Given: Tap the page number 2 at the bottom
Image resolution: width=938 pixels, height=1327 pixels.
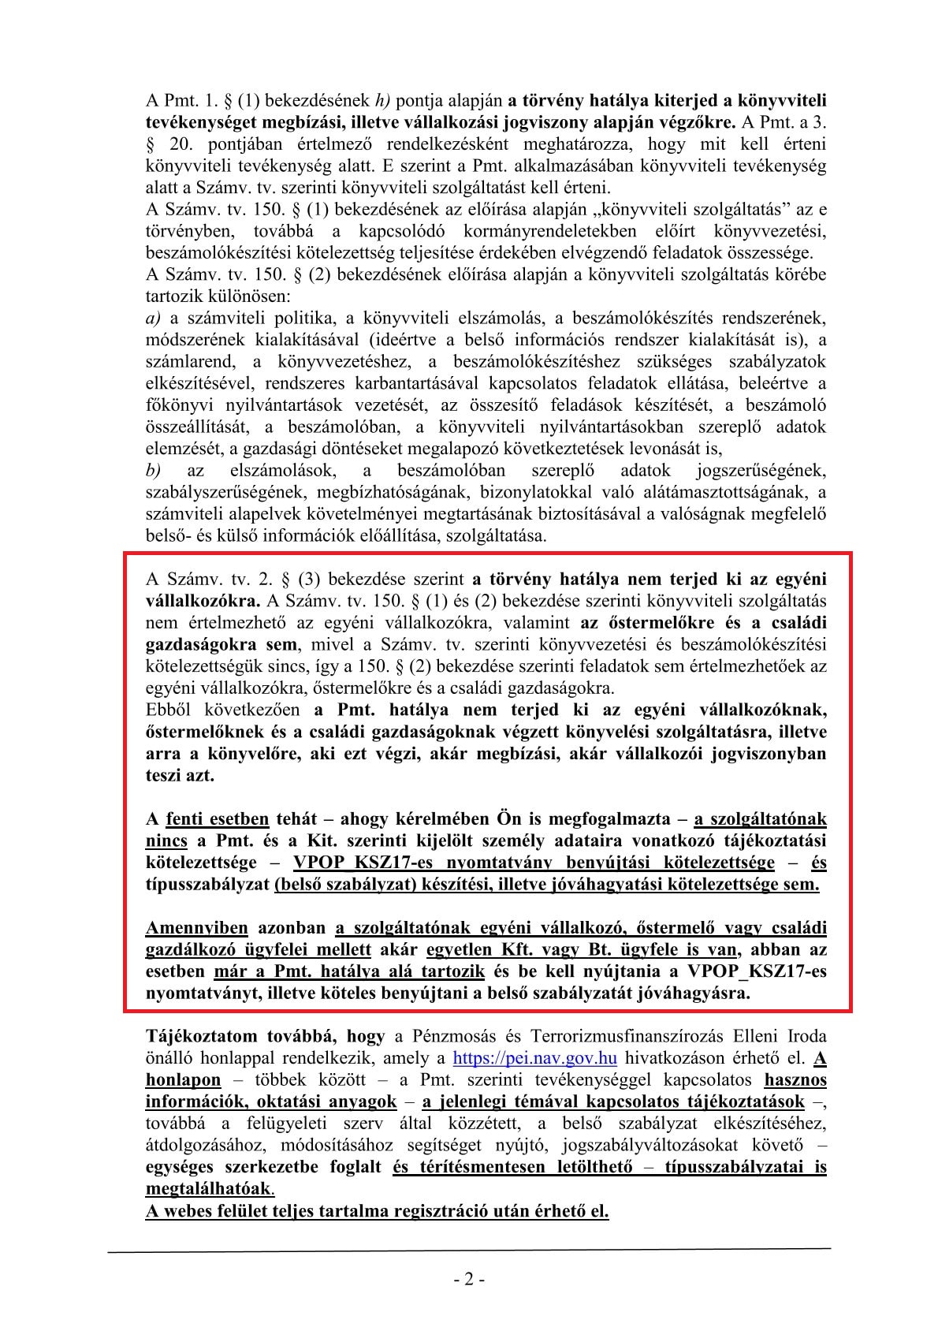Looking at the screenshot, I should pos(469,1280).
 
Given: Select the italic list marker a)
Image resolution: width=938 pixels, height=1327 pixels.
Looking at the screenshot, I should pos(154,318).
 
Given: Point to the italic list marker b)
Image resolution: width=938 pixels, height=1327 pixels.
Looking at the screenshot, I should pos(154,471).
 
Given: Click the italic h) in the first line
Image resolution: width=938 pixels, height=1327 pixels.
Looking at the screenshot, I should pos(382,100).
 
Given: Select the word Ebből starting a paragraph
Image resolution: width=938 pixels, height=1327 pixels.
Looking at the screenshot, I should pos(169,709).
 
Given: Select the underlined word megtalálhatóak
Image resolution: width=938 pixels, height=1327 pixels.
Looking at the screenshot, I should pos(208,1188).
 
